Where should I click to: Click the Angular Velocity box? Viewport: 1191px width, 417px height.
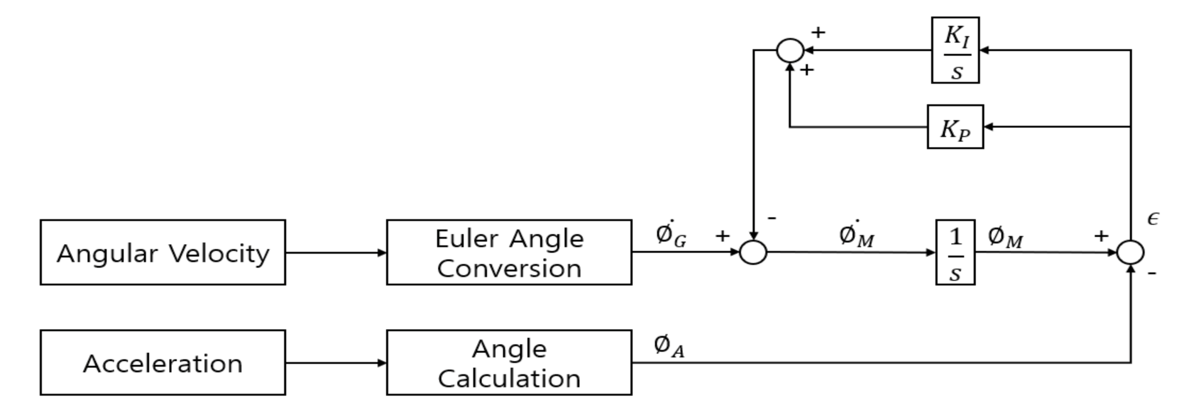click(163, 252)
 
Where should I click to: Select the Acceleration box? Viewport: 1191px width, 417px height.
click(163, 362)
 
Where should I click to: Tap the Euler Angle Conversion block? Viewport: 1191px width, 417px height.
click(509, 252)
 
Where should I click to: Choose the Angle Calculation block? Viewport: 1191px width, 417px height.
click(509, 362)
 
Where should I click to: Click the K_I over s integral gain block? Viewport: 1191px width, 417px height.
click(955, 50)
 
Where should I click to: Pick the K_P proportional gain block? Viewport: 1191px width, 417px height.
click(955, 127)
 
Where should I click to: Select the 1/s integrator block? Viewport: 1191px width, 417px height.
click(955, 252)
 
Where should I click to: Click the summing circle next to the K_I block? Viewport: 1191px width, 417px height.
click(790, 50)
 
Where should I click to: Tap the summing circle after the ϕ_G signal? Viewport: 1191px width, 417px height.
click(753, 252)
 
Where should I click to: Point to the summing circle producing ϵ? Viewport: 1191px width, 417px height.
click(1131, 252)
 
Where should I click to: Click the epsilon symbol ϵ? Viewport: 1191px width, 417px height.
click(1153, 218)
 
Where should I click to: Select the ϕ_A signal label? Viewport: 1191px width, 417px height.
click(669, 346)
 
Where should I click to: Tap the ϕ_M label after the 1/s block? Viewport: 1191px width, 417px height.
click(1005, 238)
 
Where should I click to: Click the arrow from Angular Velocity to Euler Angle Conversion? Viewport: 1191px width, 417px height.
click(336, 252)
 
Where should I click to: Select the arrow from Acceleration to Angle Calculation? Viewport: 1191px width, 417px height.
click(336, 363)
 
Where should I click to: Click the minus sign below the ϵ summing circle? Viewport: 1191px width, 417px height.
click(1152, 273)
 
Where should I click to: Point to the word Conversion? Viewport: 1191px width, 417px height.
click(509, 269)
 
